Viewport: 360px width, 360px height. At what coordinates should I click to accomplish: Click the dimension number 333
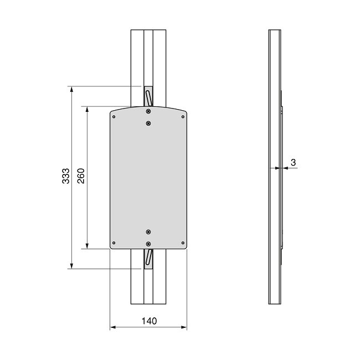pos(65,177)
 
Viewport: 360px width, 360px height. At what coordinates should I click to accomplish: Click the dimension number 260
pos(81,176)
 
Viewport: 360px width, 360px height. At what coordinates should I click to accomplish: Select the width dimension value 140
pos(149,321)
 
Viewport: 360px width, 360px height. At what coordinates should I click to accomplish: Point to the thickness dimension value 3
pos(293,162)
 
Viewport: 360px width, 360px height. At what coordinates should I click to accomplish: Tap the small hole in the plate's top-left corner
pos(114,117)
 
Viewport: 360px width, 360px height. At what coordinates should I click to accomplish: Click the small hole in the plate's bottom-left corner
pos(114,242)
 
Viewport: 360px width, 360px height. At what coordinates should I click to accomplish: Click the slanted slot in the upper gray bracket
pos(148,97)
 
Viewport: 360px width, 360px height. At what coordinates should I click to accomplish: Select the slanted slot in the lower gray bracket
pos(148,256)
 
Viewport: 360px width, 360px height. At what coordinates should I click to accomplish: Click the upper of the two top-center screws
pos(148,112)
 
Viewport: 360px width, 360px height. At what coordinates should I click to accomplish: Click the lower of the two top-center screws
pos(148,124)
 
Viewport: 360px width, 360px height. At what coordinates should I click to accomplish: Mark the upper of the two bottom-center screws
pos(148,231)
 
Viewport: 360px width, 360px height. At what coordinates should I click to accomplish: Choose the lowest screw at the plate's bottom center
pos(148,243)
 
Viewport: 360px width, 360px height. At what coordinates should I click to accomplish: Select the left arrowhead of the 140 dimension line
pos(113,327)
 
